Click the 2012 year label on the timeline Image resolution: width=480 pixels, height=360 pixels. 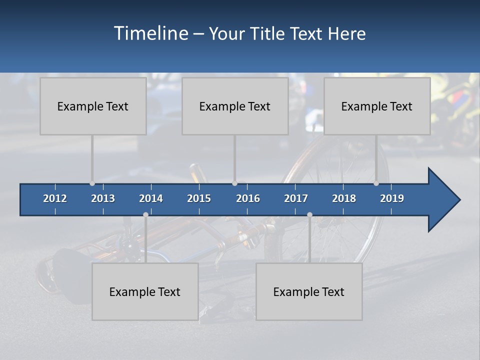coord(55,198)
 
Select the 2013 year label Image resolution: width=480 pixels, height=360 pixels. coord(103,198)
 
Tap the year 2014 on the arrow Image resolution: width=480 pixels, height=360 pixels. coord(151,198)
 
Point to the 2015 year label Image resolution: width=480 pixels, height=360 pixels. coord(199,198)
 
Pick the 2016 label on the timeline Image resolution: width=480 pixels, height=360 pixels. coord(248,198)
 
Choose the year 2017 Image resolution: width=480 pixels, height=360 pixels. coord(296,198)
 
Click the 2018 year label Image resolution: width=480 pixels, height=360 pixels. coord(344,198)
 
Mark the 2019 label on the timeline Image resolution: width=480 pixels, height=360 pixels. coord(392,198)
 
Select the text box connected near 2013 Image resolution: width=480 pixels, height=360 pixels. coord(93,106)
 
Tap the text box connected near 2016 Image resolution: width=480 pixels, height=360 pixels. coord(235,106)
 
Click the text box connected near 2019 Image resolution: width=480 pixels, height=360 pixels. coord(377,106)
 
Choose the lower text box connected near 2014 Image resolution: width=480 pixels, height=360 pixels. coord(145,291)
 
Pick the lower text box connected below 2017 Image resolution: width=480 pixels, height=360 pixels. coord(309,291)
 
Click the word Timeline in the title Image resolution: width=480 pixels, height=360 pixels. coord(150,33)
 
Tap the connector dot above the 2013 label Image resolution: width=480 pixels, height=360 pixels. coord(92,183)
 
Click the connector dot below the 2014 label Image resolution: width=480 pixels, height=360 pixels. coord(145,215)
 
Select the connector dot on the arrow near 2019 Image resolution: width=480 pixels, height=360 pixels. coord(376,183)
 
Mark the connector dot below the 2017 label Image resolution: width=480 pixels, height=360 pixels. coord(309,215)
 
